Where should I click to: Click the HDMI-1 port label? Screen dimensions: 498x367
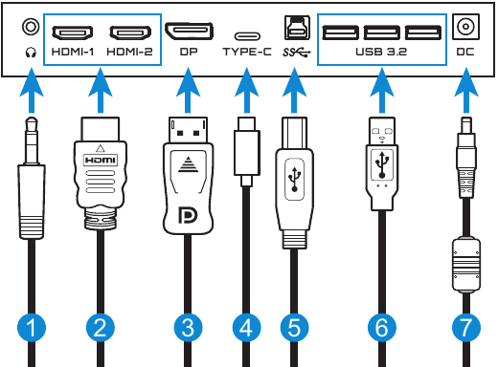pos(73,52)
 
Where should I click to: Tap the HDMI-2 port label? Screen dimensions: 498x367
pos(129,52)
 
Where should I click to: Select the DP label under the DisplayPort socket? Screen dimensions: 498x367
pos(189,52)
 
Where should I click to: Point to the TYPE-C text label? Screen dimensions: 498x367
pos(247,52)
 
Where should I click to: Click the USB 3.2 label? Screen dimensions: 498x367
pos(381,52)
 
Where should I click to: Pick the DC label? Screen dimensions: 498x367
pos(465,52)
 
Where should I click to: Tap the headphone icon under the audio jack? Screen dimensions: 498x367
pos(31,53)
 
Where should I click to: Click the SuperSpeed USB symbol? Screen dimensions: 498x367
pos(296,53)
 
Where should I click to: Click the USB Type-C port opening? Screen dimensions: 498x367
pos(247,36)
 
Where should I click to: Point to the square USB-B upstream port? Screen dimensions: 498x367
pos(297,28)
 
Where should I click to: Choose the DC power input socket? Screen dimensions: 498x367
pos(465,27)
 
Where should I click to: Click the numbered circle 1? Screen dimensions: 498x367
pos(32,328)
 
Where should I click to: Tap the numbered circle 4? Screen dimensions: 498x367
pos(246,328)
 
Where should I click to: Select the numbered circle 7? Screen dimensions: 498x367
pos(466,328)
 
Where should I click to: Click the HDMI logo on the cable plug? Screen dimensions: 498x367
pos(101,160)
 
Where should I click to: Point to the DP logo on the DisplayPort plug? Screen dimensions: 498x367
pos(188,215)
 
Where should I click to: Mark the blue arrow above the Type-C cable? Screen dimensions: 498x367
pos(246,91)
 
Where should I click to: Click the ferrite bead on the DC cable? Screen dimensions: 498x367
pos(466,264)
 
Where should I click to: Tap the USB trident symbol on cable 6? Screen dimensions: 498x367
pos(382,164)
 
